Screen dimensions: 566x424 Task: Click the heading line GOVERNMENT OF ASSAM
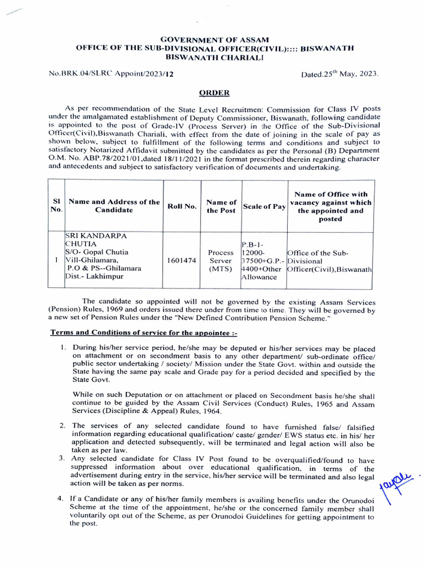coord(214,40)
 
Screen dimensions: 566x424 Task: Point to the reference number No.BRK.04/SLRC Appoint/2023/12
coord(108,74)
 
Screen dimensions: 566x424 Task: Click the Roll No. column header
coord(182,206)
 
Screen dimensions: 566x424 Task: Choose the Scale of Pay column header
coord(263,206)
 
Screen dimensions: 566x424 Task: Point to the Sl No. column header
coord(56,206)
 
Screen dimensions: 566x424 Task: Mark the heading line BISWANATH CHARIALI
coord(214,57)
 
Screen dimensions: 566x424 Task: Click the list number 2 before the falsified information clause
coord(62,426)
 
